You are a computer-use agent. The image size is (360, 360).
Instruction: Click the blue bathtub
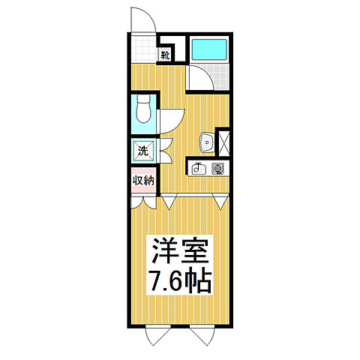click(x=211, y=49)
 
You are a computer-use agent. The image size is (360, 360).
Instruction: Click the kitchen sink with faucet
click(x=199, y=169)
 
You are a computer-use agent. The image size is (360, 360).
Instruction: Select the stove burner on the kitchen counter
click(x=218, y=168)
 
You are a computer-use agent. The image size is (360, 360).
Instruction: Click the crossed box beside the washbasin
click(x=223, y=140)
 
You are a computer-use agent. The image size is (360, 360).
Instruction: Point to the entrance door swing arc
click(x=139, y=16)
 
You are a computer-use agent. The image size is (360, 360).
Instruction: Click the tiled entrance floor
click(x=142, y=48)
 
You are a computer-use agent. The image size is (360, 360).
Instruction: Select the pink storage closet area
click(x=144, y=184)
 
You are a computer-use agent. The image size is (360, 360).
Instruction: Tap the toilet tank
click(x=144, y=98)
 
